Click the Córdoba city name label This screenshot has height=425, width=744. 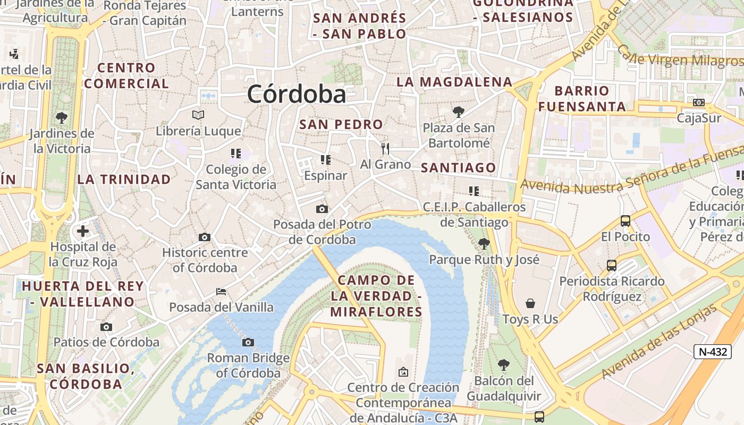point(296,94)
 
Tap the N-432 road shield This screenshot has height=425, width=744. point(712,351)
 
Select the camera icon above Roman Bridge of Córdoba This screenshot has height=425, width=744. point(248,343)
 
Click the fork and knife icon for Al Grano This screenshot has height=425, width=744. point(385,149)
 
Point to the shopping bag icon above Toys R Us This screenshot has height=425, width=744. point(530,303)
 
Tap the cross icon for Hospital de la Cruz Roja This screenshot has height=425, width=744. point(83,231)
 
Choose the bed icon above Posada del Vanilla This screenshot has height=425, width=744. point(221,291)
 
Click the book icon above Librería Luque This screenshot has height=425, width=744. point(198,115)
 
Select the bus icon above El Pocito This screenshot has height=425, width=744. point(625,220)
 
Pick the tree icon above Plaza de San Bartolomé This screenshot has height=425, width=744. point(458,112)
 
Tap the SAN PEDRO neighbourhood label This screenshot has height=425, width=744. point(341,124)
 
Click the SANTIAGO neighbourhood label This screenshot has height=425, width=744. point(458,168)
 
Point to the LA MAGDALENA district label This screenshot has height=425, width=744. point(454,82)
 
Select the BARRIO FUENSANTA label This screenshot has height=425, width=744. point(582,98)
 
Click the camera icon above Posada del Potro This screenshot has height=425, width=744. point(322,209)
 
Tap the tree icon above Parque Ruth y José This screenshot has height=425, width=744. point(484,244)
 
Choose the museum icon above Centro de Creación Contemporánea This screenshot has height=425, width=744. point(403,372)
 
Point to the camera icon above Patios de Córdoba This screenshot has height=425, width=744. point(106,327)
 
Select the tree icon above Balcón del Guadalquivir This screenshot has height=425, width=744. point(503,365)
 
